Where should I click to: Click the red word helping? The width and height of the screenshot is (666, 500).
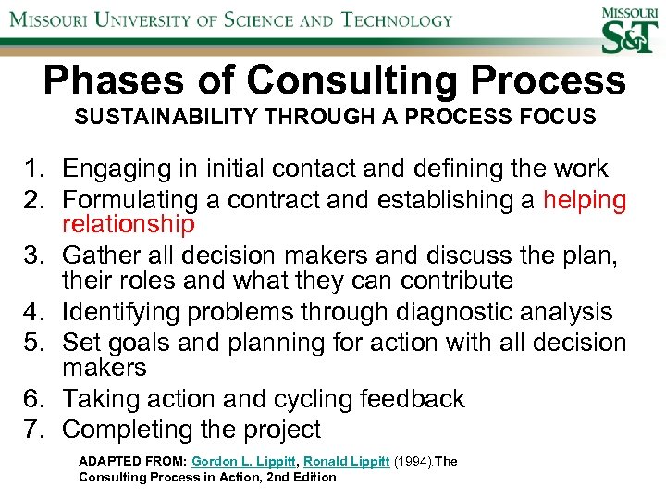585,200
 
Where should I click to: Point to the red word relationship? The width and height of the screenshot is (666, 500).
129,225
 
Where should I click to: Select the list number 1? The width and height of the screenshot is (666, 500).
35,169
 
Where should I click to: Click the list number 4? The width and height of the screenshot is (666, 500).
35,313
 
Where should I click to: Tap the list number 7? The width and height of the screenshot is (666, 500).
35,430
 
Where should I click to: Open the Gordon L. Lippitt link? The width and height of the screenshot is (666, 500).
243,461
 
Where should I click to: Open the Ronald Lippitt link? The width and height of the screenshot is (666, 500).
346,461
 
